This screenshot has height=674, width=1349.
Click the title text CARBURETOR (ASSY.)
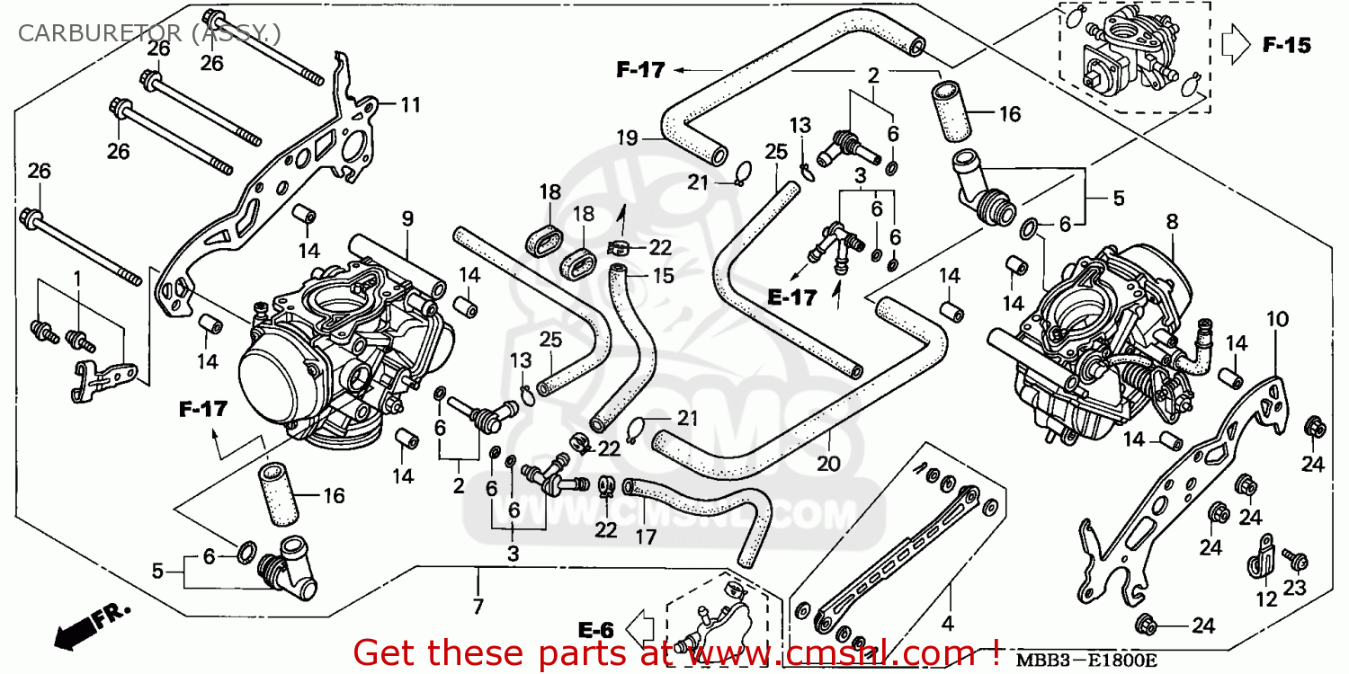click(x=149, y=35)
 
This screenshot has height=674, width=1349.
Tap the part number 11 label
click(x=410, y=105)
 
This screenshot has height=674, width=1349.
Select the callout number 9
click(x=406, y=218)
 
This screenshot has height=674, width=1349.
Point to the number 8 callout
click(x=1171, y=221)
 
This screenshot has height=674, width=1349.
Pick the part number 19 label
click(x=627, y=138)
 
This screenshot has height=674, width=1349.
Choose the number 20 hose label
click(x=827, y=464)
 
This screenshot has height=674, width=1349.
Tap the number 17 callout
click(x=645, y=537)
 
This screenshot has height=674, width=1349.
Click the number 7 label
click(x=478, y=607)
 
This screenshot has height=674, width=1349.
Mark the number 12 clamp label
click(x=1266, y=599)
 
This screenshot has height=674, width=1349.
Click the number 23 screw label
click(x=1293, y=589)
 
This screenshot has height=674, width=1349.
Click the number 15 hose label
click(x=663, y=276)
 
